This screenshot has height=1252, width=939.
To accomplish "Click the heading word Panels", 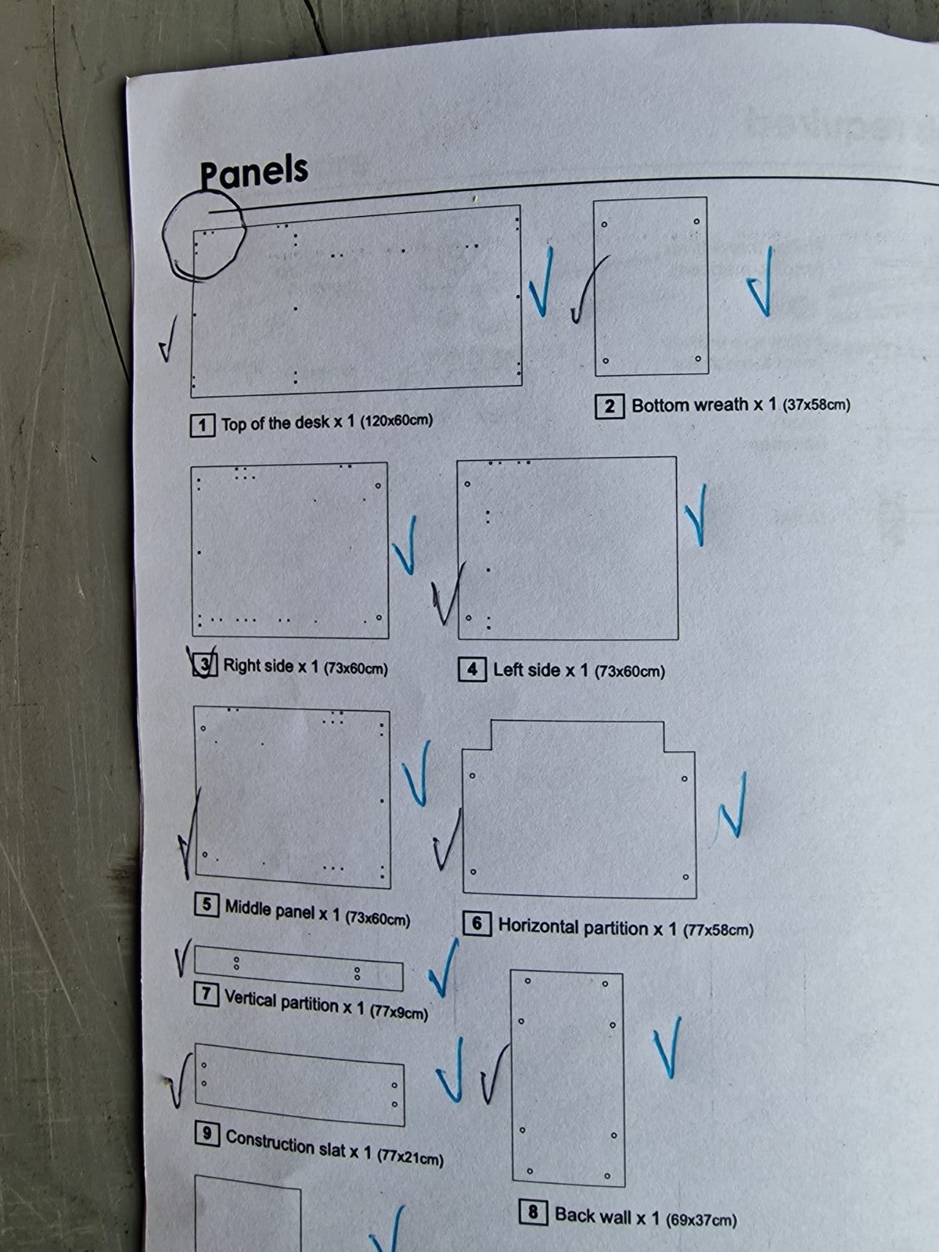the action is pyautogui.click(x=254, y=171).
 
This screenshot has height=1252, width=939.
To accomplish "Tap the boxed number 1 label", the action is pyautogui.click(x=203, y=426).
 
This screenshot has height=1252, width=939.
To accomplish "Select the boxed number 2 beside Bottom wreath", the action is pyautogui.click(x=610, y=406).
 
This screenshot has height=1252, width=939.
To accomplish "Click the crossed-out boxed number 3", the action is pyautogui.click(x=205, y=665).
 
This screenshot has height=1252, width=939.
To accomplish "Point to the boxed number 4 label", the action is pyautogui.click(x=472, y=669).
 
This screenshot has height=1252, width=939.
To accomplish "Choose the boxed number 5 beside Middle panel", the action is pyautogui.click(x=207, y=904).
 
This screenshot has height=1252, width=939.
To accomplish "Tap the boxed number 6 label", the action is pyautogui.click(x=477, y=923).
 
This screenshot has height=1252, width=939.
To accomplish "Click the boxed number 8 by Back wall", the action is pyautogui.click(x=533, y=1213).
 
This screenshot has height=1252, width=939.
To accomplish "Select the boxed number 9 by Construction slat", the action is pyautogui.click(x=207, y=1135).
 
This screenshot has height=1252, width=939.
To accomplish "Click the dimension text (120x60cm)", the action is pyautogui.click(x=396, y=421).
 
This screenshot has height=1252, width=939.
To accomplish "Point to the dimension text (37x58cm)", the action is pyautogui.click(x=816, y=405).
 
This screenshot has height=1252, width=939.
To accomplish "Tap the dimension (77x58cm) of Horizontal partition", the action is pyautogui.click(x=718, y=930).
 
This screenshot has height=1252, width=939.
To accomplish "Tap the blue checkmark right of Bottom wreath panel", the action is pyautogui.click(x=761, y=282).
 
